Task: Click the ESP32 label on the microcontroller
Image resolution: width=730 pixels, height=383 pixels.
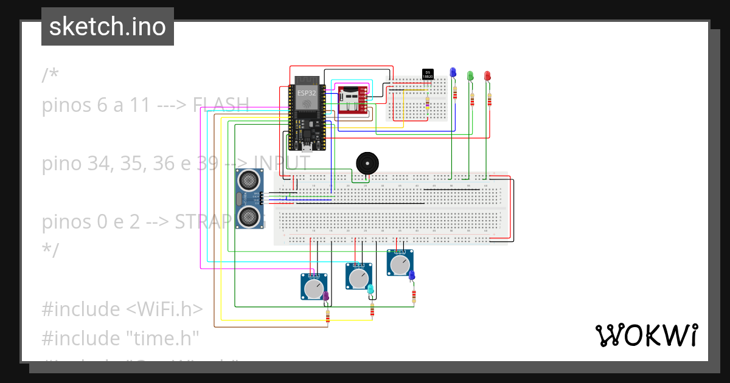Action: click(x=306, y=93)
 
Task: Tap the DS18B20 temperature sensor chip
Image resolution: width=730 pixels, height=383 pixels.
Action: click(x=428, y=74)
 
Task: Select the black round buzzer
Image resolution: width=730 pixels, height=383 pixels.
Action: click(x=366, y=163)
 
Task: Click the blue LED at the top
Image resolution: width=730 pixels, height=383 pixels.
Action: click(x=453, y=72)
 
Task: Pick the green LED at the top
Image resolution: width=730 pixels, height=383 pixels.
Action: click(x=470, y=75)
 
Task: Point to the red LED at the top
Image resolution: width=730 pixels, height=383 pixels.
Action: click(x=487, y=75)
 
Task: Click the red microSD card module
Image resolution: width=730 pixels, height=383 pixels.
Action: click(x=352, y=100)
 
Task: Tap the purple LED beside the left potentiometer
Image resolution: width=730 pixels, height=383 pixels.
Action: click(x=326, y=296)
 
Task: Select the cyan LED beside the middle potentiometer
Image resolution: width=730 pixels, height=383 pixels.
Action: click(x=370, y=290)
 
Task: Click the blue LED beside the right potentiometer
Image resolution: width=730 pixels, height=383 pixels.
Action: click(x=412, y=275)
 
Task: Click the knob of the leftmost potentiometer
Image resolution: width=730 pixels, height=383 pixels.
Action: click(x=313, y=289)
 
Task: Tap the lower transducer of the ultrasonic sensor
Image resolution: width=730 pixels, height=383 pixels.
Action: click(x=248, y=216)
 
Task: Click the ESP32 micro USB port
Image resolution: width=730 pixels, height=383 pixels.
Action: click(x=308, y=147)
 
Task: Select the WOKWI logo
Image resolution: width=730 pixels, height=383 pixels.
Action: click(x=646, y=335)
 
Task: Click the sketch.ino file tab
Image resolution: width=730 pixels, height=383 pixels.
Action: click(x=108, y=27)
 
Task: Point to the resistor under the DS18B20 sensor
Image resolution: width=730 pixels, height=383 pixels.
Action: click(x=427, y=105)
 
